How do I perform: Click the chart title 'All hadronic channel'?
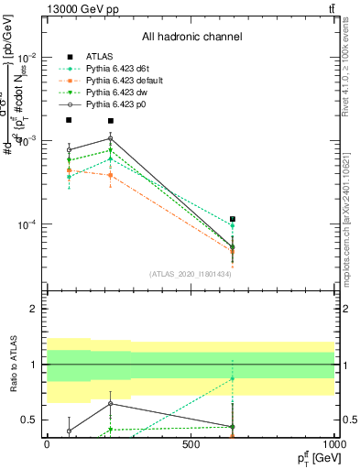(191, 37)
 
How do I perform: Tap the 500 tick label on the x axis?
(191, 443)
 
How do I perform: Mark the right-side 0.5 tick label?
(351, 420)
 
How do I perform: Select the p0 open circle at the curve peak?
(111, 138)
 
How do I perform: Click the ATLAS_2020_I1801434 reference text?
(191, 274)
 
